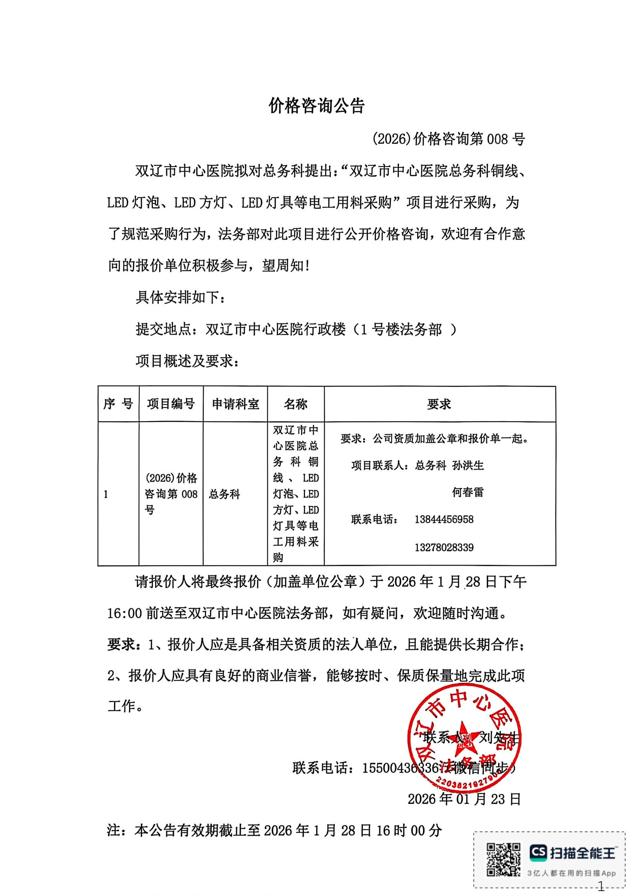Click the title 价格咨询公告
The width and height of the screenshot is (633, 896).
[316, 106]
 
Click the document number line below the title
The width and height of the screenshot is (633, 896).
[448, 139]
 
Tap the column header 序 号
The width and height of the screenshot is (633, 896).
[118, 404]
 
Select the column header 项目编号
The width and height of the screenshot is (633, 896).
[171, 404]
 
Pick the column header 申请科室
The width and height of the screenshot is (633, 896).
[235, 404]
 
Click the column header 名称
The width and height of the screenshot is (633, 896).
[295, 404]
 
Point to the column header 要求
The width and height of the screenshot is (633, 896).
[439, 404]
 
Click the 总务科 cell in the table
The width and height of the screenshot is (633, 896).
[225, 495]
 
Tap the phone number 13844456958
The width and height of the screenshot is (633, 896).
[444, 519]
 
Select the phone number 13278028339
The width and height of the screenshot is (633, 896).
[444, 547]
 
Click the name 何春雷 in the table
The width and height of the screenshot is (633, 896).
[467, 492]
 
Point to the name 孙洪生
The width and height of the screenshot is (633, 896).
[468, 465]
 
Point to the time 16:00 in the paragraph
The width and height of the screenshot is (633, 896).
[124, 613]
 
